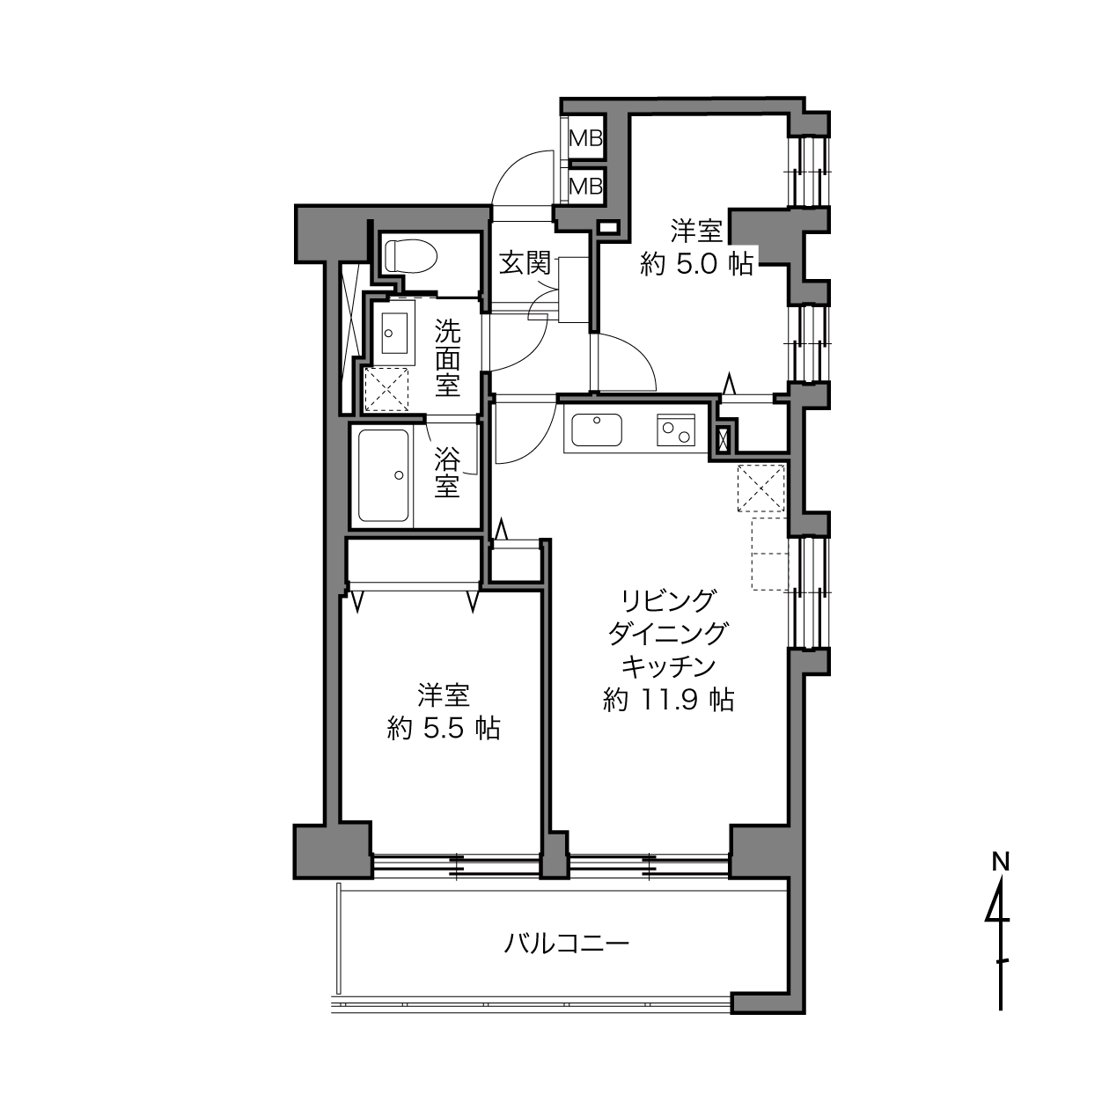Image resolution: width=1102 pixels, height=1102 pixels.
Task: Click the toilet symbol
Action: pyautogui.click(x=410, y=255)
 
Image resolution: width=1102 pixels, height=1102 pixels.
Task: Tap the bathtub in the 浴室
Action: pyautogui.click(x=383, y=475)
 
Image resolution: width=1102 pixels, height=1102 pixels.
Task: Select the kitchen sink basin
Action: pyautogui.click(x=597, y=430)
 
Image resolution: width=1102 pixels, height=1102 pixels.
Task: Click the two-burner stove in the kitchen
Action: pyautogui.click(x=676, y=430)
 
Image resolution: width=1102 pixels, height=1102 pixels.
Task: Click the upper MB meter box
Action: pyautogui.click(x=585, y=138)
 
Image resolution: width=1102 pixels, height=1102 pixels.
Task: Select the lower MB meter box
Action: pyautogui.click(x=585, y=186)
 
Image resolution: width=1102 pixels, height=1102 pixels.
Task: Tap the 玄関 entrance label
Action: pyautogui.click(x=525, y=263)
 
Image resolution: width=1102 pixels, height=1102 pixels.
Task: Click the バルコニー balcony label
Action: pyautogui.click(x=566, y=943)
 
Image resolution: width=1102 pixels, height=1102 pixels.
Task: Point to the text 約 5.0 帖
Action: pyautogui.click(x=696, y=265)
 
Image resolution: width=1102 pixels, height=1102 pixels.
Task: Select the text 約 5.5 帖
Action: pyautogui.click(x=444, y=729)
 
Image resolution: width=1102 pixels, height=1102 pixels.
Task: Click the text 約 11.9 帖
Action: pyautogui.click(x=669, y=699)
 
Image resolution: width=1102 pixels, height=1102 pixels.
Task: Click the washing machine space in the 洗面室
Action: pyautogui.click(x=386, y=389)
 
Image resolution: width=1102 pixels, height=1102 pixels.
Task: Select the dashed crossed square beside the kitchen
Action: pyautogui.click(x=761, y=488)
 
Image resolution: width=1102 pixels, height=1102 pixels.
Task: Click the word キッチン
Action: pyautogui.click(x=669, y=666)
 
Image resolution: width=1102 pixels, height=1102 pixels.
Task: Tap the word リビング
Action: pyautogui.click(x=669, y=601)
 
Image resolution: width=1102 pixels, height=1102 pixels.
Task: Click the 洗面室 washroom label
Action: pyautogui.click(x=447, y=357)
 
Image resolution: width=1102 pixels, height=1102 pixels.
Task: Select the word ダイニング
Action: pyautogui.click(x=669, y=634)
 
